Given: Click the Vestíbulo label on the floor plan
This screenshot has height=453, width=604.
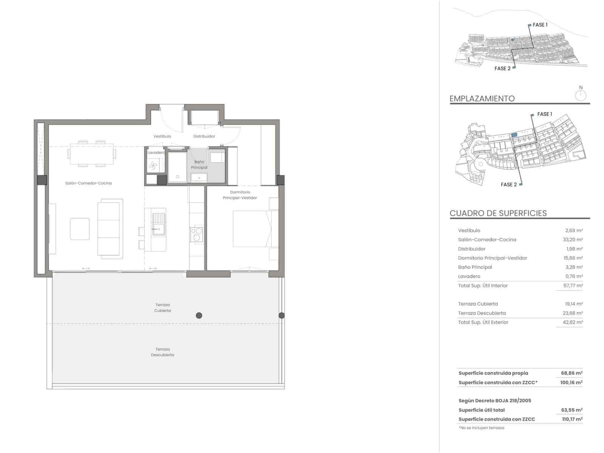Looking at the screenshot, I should [162, 136].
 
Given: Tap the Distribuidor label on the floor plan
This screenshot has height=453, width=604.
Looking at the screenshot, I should [204, 136].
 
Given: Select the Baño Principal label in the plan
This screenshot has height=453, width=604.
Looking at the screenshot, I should [199, 165].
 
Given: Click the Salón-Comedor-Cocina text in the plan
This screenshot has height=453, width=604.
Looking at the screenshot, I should [88, 183].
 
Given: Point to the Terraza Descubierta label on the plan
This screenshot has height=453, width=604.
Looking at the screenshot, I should [162, 352].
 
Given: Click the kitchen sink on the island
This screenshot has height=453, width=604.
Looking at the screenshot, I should [159, 224].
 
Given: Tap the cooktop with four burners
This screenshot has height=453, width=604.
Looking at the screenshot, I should [196, 234].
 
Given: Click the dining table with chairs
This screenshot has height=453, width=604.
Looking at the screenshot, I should [92, 154].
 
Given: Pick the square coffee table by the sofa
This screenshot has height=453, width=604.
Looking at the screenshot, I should [80, 229].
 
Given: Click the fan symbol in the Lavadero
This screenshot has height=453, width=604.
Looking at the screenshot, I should [153, 165].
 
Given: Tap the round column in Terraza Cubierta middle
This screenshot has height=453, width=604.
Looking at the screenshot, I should [199, 316].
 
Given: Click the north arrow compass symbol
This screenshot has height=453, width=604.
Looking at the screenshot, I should [581, 95].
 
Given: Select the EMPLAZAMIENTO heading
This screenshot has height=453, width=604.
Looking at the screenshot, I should [482, 99].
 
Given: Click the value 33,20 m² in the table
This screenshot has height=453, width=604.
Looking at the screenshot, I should [572, 240].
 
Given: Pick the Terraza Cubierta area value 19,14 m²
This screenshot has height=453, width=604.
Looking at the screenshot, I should [572, 304].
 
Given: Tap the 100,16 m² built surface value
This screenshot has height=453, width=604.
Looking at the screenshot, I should [571, 382].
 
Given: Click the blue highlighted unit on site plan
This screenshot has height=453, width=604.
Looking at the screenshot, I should [514, 135].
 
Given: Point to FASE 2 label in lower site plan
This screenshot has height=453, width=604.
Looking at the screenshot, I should [508, 185].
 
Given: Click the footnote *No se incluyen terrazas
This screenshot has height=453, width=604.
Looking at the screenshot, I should [481, 428].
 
